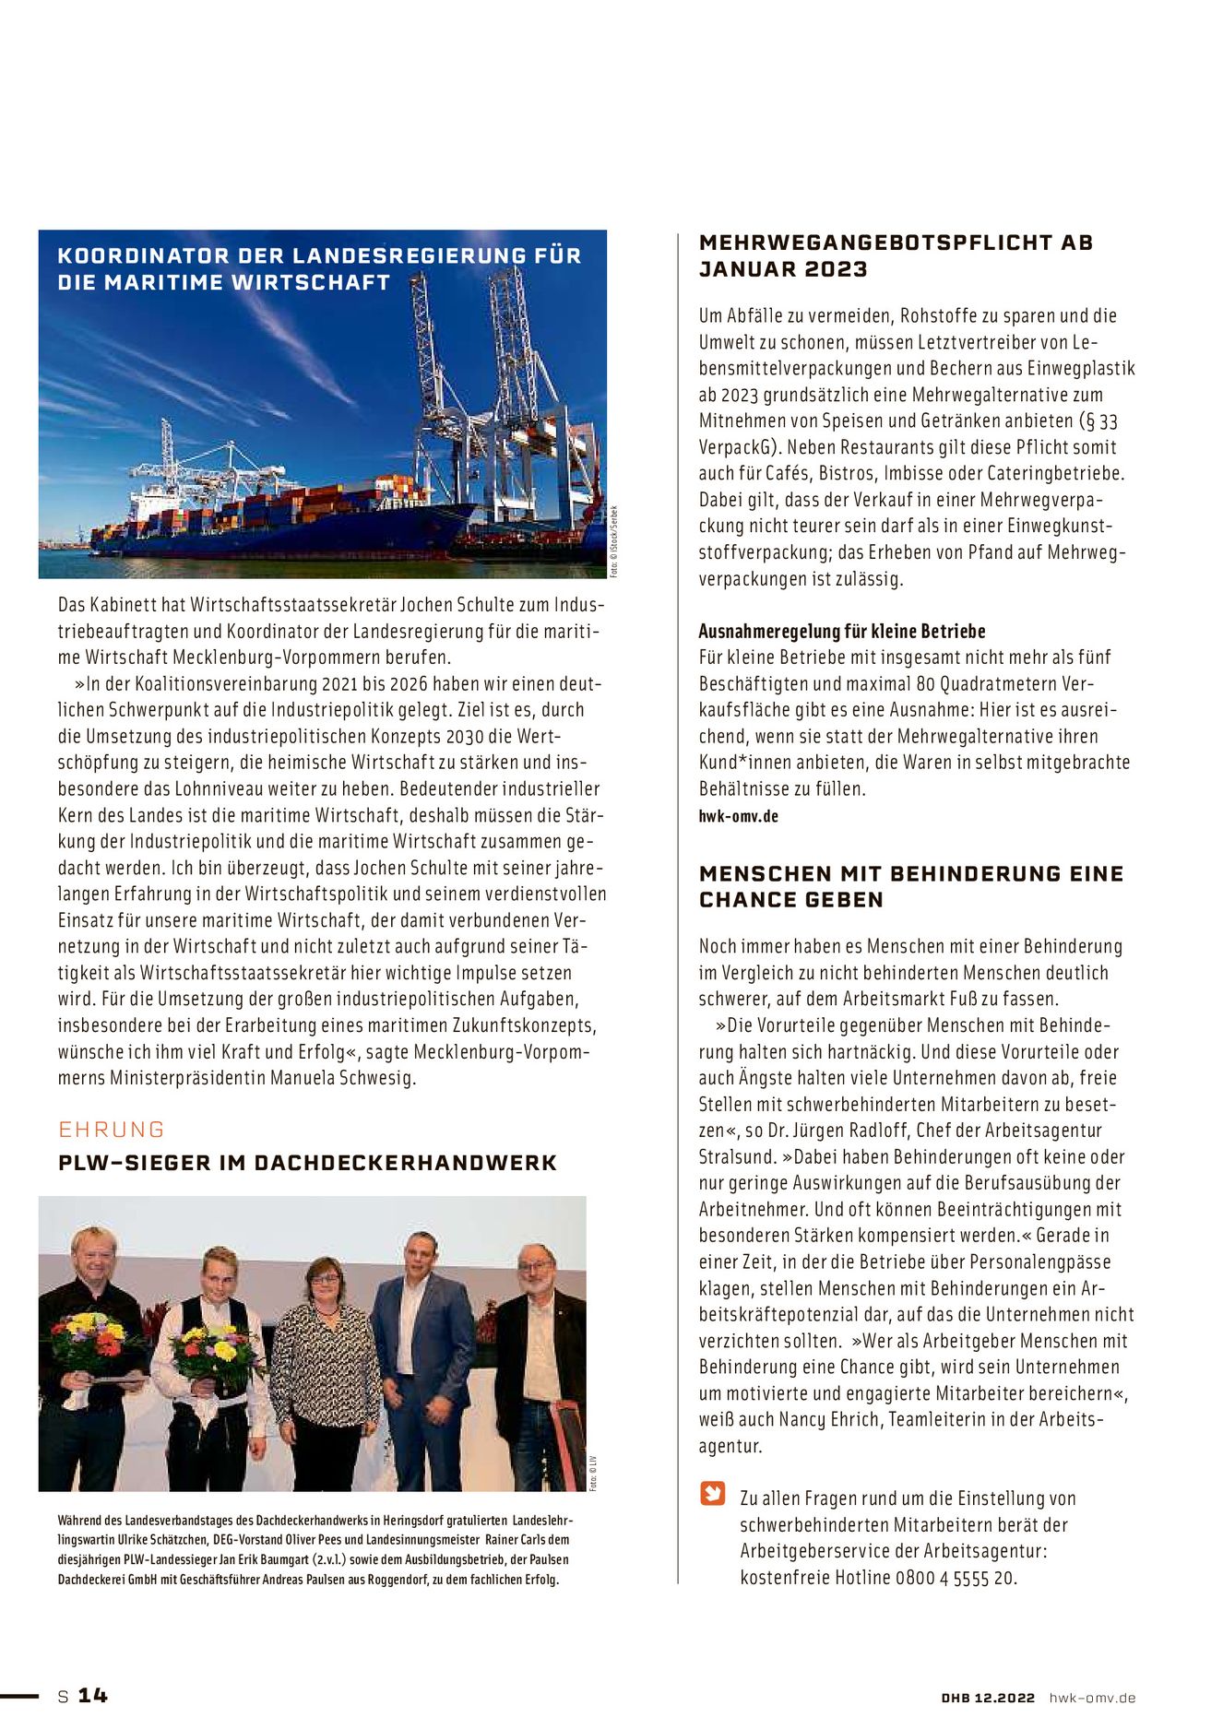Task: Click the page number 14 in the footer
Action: click(x=92, y=1695)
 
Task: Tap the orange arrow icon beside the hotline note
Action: click(x=713, y=1493)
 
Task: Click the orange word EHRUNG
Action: click(x=112, y=1130)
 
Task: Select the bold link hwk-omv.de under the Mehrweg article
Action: click(x=738, y=816)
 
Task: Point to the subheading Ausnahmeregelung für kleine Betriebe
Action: click(x=841, y=632)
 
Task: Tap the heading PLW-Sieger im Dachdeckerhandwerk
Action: click(x=307, y=1163)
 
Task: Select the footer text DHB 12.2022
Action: click(x=988, y=1698)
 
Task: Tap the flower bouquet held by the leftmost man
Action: click(x=89, y=1342)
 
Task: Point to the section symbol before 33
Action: click(x=1087, y=421)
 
